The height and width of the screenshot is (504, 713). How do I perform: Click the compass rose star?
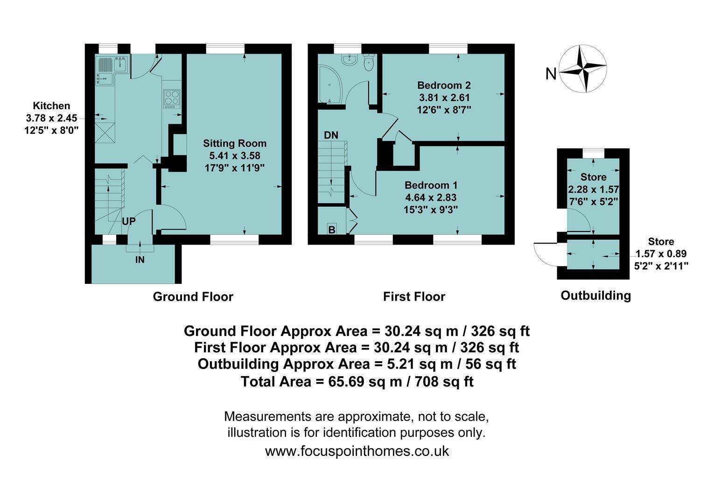(583, 69)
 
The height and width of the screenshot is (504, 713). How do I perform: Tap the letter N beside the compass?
(551, 74)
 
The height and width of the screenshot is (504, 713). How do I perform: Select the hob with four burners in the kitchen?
(172, 98)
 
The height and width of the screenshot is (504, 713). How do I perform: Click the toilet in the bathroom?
(369, 63)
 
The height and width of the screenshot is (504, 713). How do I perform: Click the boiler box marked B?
(332, 229)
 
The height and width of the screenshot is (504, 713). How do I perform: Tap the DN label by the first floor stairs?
(331, 135)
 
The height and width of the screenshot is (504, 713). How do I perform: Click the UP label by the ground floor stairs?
(129, 221)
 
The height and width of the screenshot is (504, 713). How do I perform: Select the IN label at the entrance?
(140, 260)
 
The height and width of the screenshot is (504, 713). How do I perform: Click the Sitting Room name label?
(235, 143)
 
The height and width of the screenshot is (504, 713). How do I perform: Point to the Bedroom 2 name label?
(444, 85)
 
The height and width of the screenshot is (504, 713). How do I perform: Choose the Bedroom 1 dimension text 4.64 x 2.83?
(431, 197)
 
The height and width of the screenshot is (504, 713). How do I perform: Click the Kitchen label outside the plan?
(52, 106)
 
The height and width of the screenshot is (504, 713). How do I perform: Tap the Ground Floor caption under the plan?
(193, 297)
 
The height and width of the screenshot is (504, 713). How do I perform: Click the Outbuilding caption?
(595, 295)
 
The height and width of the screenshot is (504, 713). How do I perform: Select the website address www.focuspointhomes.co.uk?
(357, 451)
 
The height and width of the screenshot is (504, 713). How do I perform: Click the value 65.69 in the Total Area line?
(346, 381)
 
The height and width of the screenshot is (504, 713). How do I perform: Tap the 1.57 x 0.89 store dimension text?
(661, 254)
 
